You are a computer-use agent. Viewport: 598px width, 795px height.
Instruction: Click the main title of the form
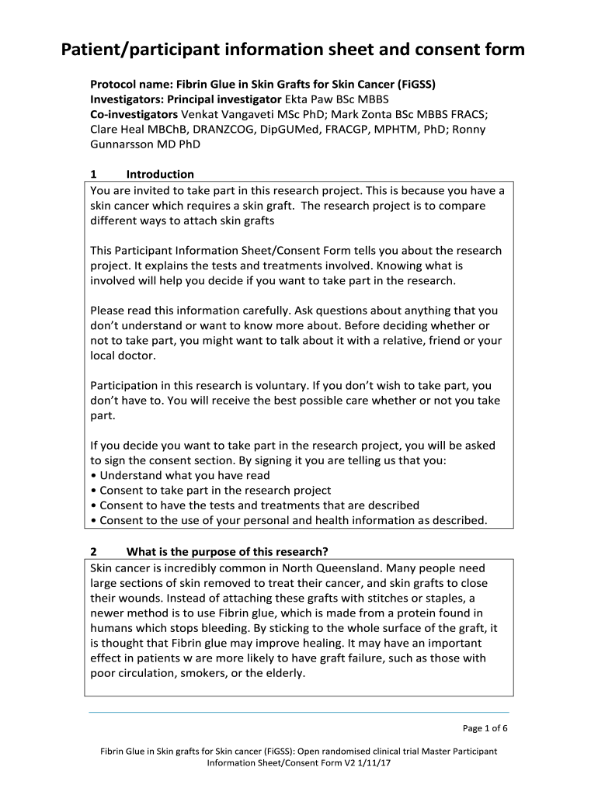(294, 50)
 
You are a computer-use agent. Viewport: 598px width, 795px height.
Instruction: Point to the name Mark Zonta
(357, 114)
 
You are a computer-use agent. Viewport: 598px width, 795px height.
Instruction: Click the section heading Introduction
(160, 174)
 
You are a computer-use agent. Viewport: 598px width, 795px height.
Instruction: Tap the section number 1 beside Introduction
(94, 174)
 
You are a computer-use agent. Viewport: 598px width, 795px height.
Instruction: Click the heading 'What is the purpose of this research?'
(228, 552)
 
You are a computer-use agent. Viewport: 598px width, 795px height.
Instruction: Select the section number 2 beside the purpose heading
(94, 552)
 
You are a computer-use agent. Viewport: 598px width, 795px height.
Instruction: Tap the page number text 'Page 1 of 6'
(485, 728)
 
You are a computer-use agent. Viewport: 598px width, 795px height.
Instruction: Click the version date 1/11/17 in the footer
(375, 764)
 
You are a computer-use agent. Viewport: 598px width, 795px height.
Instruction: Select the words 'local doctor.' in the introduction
(123, 356)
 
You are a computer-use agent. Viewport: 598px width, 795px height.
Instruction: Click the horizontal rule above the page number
(299, 712)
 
